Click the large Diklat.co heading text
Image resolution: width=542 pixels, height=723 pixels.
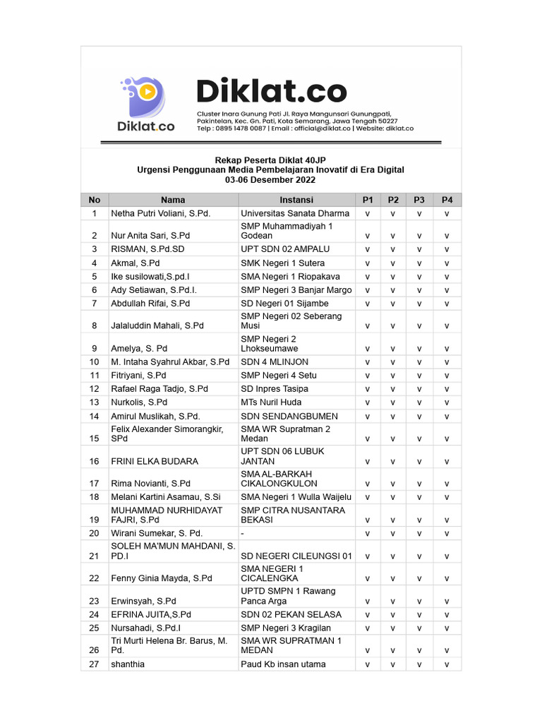coord(271,92)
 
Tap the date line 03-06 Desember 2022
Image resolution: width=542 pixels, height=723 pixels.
coord(271,180)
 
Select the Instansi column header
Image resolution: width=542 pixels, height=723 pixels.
coord(296,200)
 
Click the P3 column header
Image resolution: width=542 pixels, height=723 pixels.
coord(419,200)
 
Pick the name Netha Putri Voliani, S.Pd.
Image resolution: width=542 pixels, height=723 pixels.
coord(161,213)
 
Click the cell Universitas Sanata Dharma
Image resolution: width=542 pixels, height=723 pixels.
coord(295,213)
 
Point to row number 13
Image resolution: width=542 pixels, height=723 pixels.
coord(95,402)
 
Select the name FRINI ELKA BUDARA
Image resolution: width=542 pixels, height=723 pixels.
coord(155,461)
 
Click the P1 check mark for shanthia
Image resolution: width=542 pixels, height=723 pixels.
coord(367,664)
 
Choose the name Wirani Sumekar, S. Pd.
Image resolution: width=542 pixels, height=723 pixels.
coord(157,533)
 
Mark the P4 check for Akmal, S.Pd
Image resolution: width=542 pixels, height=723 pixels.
coord(447,263)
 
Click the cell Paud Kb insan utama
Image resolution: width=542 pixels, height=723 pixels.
coord(283,664)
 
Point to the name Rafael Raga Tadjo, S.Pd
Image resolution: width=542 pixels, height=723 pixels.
coord(159,389)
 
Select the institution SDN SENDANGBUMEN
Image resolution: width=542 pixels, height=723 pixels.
coord(289,417)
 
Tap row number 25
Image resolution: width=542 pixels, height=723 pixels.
coord(95,628)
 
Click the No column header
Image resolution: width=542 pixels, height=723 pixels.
coord(95,200)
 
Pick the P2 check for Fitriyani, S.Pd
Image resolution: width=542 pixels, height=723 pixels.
coord(393,376)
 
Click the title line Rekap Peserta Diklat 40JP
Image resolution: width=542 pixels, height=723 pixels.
coord(271,160)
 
